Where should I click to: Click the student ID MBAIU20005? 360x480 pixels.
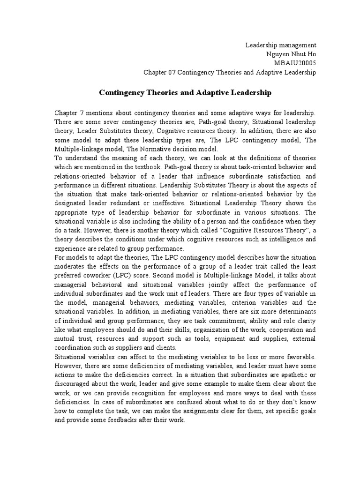click(x=297, y=63)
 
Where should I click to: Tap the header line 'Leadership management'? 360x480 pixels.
click(x=281, y=45)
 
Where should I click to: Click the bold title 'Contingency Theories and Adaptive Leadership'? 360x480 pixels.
click(x=185, y=93)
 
